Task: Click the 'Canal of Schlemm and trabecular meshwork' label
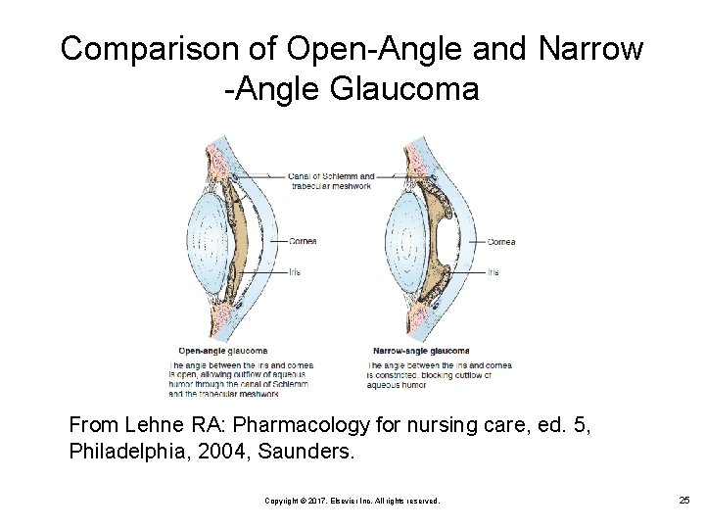tap(330, 181)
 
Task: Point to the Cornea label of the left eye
tap(303, 241)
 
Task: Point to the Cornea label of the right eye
tap(501, 241)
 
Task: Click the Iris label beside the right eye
tap(493, 272)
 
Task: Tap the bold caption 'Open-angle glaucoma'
tap(222, 351)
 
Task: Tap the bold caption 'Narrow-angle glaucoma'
tap(421, 351)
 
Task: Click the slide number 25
tap(683, 501)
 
